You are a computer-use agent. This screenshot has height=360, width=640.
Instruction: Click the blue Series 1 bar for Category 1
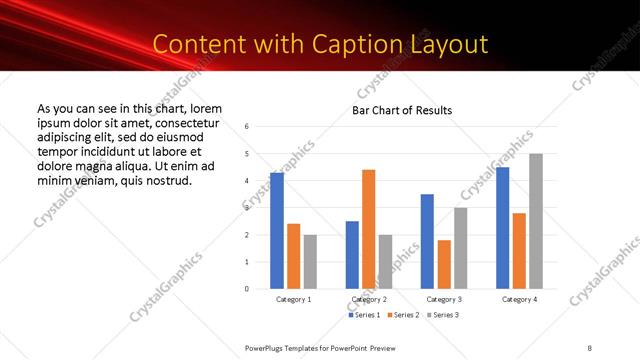[x=277, y=231]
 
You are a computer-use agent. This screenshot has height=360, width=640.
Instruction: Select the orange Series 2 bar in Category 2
[x=369, y=229]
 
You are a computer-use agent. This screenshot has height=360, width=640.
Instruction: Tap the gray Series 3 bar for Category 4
[x=536, y=221]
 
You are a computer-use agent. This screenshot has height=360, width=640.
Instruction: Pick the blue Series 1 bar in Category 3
[x=427, y=241]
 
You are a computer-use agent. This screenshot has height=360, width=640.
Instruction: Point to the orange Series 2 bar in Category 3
[x=444, y=264]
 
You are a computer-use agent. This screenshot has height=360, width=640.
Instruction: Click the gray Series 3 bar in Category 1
[x=310, y=262]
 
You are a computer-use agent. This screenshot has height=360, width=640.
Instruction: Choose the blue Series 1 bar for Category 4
[x=503, y=228]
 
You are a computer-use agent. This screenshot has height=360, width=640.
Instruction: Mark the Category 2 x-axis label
[x=369, y=300]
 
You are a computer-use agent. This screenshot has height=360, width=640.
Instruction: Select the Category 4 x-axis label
[x=519, y=300]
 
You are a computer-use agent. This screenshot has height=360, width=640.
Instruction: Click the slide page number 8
[x=590, y=347]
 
